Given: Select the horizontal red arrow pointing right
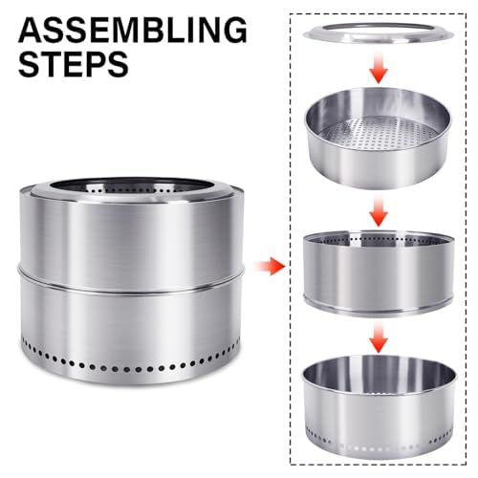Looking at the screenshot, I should pyautogui.click(x=275, y=264).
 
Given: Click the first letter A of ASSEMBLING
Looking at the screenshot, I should pyautogui.click(x=31, y=31).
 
